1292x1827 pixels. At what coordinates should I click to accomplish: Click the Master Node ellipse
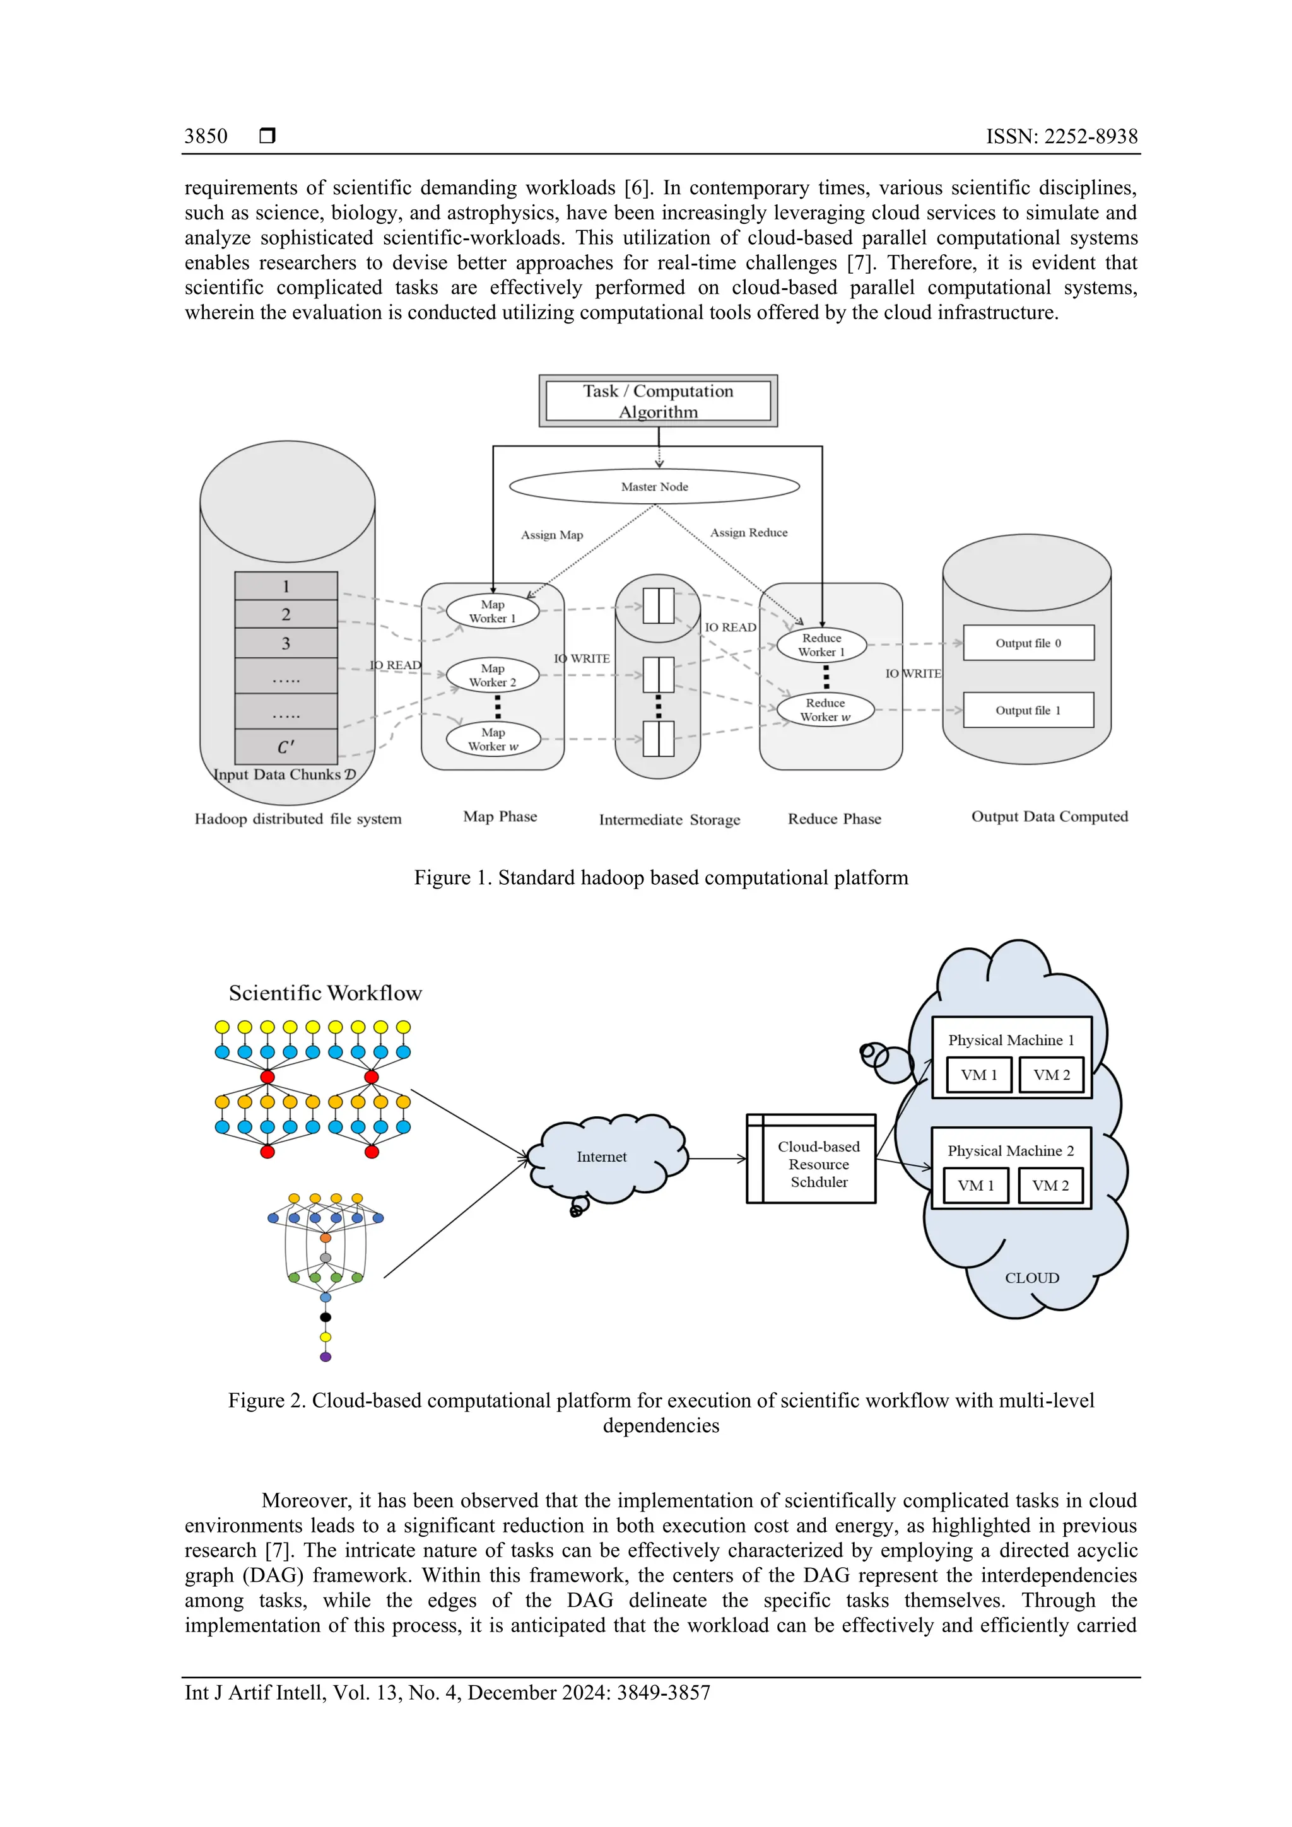[x=654, y=486]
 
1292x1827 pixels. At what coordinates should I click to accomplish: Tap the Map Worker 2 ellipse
[x=493, y=675]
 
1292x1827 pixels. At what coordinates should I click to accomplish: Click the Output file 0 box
[x=1028, y=643]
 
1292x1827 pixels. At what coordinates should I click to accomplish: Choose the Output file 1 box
[x=1028, y=709]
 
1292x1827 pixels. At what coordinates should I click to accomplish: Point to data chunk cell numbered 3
[x=286, y=643]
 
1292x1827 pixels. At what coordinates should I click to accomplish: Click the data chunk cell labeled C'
[x=286, y=747]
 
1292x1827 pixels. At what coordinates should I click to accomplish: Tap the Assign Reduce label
[x=748, y=532]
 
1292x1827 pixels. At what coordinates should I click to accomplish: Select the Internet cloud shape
[x=602, y=1157]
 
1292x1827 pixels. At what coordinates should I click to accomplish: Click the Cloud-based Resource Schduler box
[x=818, y=1164]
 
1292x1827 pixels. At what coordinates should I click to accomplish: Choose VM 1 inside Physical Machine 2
[x=975, y=1185]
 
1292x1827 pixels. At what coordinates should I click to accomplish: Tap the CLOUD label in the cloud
[x=1031, y=1277]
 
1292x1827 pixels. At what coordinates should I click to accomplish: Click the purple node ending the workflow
[x=326, y=1357]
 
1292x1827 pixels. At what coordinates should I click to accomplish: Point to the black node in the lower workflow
[x=326, y=1317]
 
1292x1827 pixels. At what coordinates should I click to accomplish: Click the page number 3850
[x=206, y=136]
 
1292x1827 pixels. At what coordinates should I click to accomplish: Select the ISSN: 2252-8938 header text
[x=1061, y=136]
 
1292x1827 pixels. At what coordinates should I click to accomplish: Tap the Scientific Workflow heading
[x=325, y=993]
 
